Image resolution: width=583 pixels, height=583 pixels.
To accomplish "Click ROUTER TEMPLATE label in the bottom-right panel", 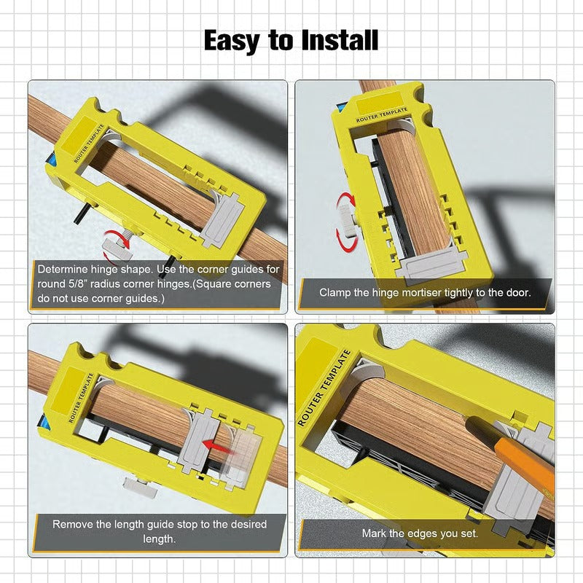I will pyautogui.click(x=325, y=387).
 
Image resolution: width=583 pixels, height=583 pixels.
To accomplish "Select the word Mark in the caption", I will pyautogui.click(x=375, y=533).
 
